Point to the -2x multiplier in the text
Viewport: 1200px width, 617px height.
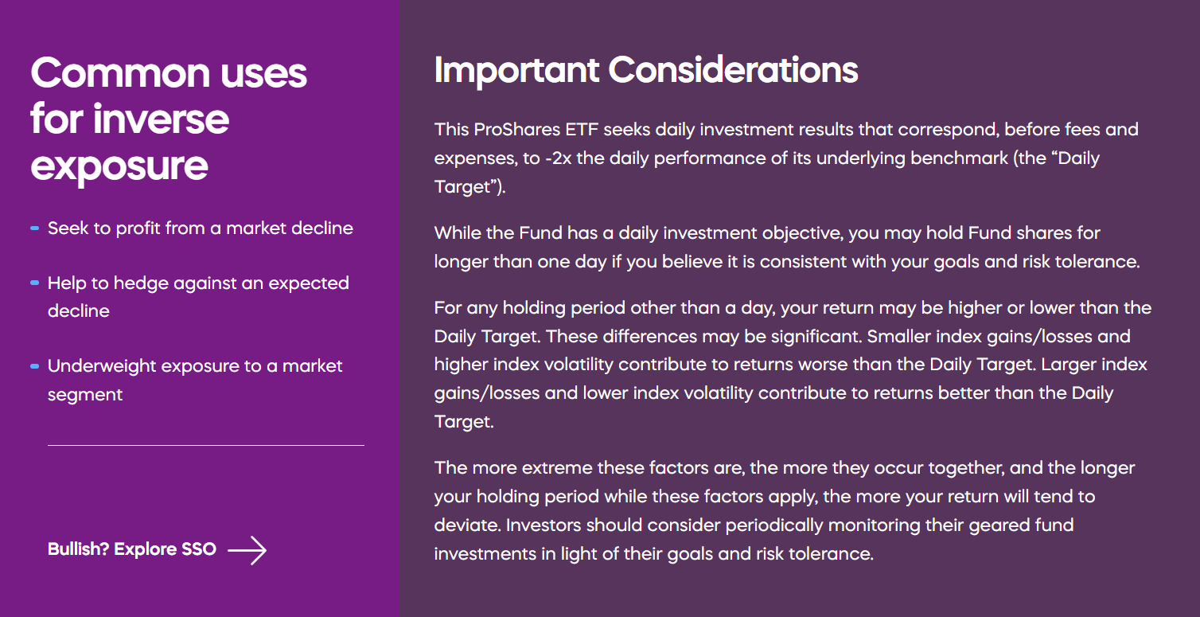coord(559,158)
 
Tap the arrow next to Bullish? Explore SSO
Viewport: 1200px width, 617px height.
coord(247,549)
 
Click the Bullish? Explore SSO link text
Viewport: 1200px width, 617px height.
coord(132,549)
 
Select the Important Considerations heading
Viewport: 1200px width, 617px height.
coord(646,71)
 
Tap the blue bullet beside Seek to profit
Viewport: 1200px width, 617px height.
coord(35,228)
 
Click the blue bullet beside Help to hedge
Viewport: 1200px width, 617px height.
coord(35,283)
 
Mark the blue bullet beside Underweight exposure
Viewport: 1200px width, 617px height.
coord(35,366)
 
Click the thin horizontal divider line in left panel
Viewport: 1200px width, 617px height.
coord(205,445)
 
